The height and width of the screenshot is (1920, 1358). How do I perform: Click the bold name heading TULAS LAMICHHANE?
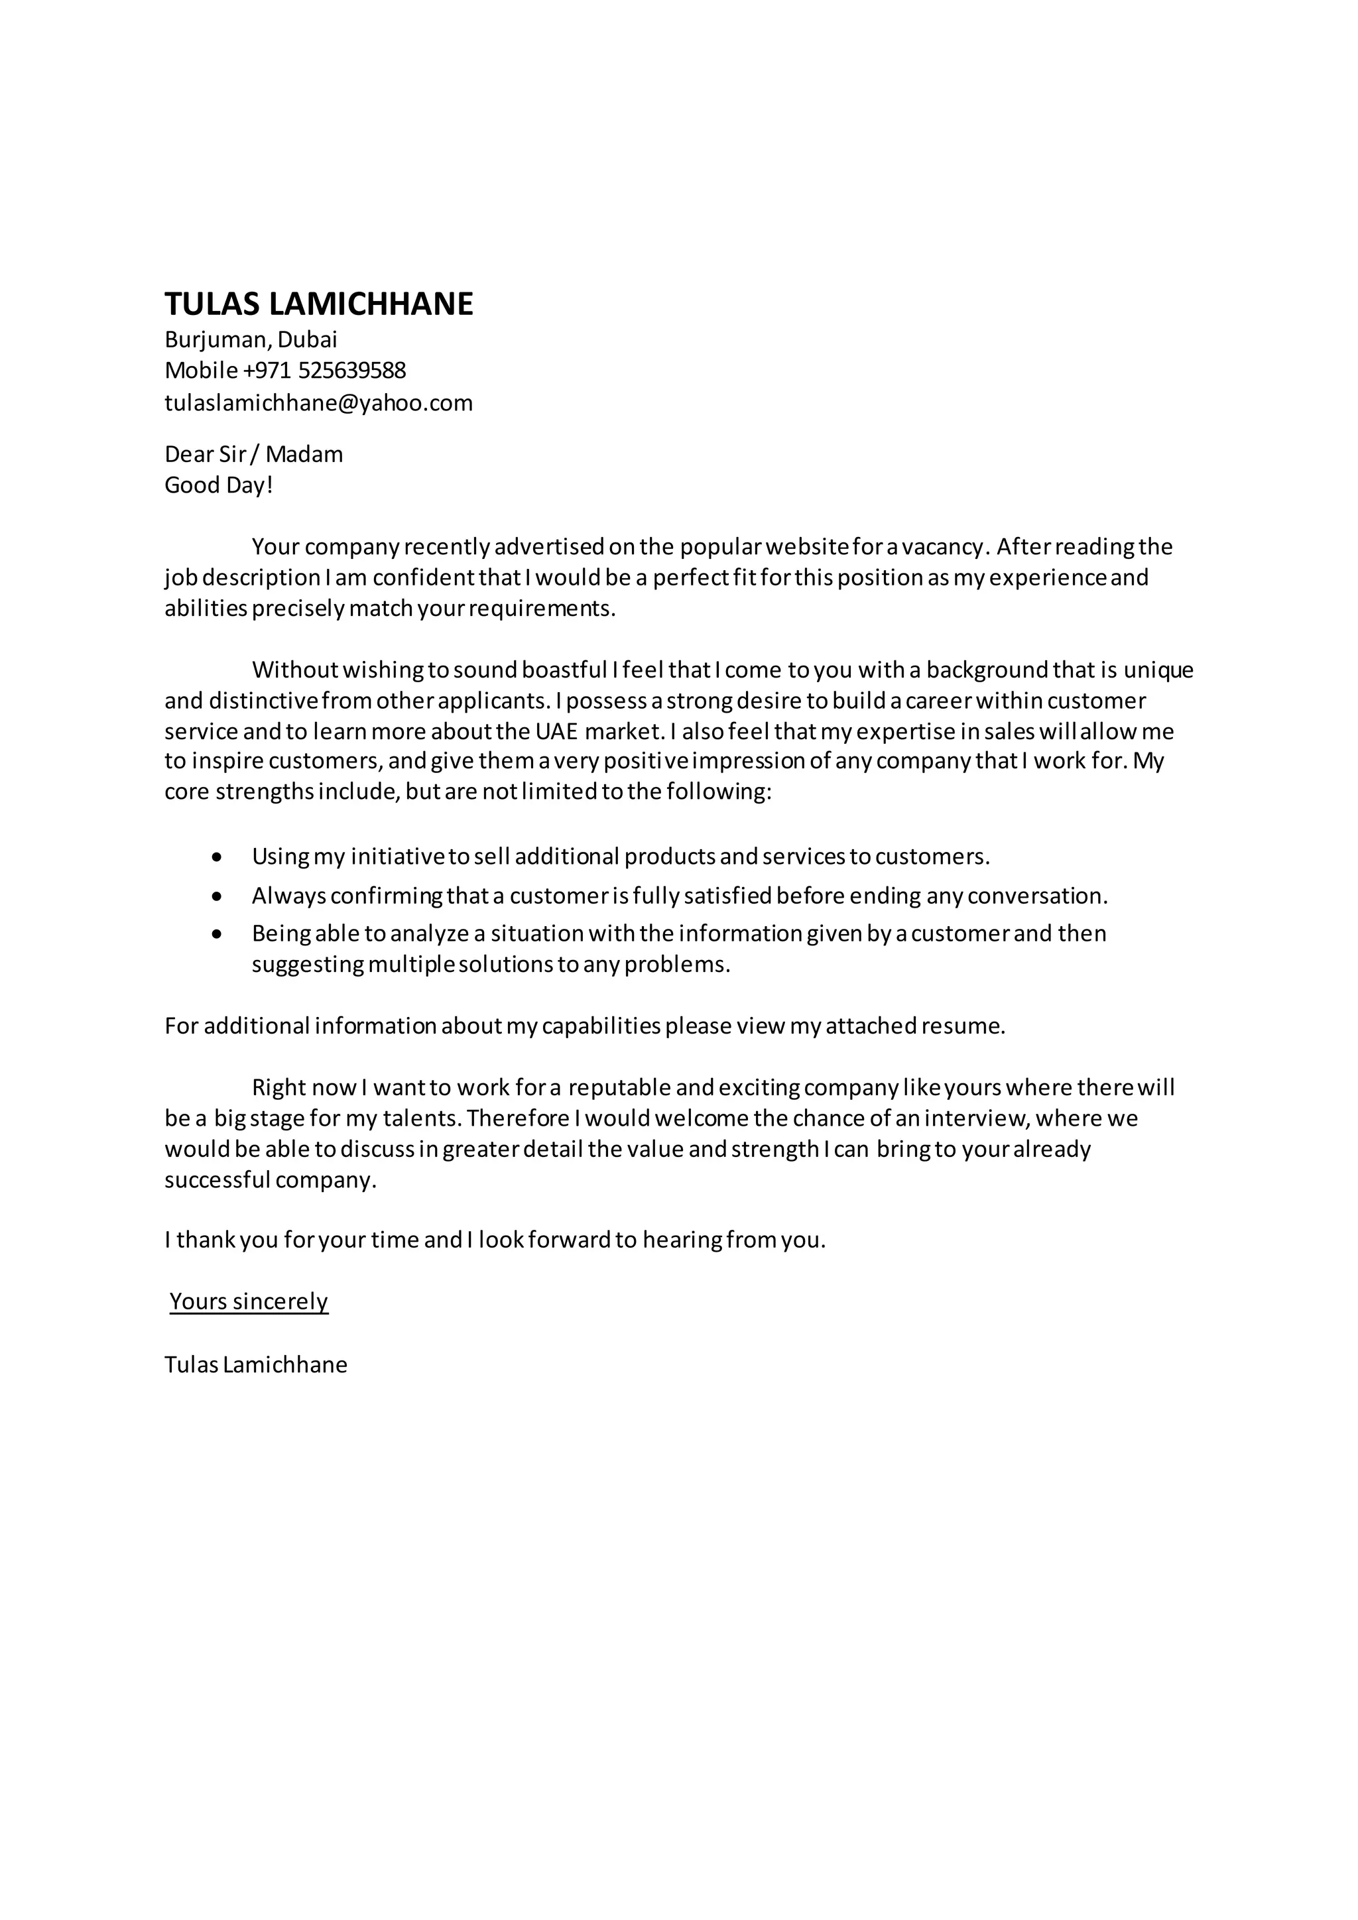click(318, 304)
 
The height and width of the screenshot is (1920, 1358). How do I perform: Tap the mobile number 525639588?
click(352, 370)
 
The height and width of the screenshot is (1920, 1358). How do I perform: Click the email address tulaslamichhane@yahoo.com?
click(318, 403)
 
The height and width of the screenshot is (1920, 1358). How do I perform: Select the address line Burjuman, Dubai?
click(251, 339)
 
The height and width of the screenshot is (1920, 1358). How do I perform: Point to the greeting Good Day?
click(219, 485)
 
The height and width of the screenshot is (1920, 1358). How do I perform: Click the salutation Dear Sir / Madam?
click(253, 454)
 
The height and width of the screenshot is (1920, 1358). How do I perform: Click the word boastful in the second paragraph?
click(564, 670)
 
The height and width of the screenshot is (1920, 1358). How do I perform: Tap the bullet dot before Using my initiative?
click(218, 857)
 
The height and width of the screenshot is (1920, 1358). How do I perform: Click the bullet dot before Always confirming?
click(218, 896)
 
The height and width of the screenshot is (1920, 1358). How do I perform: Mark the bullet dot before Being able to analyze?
click(218, 934)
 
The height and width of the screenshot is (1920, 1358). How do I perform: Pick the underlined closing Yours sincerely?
click(249, 1301)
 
